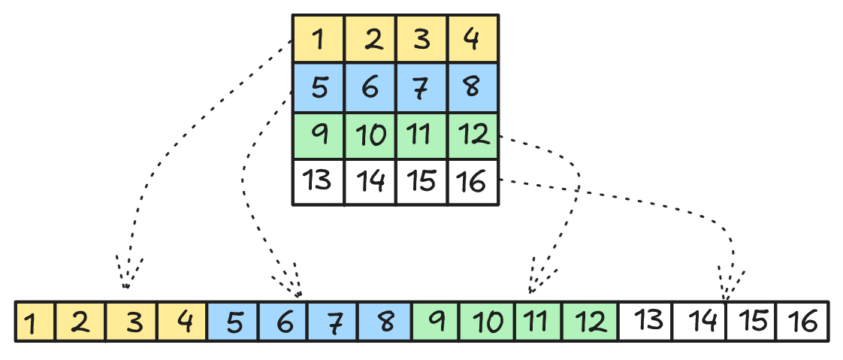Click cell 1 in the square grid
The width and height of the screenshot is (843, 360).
coord(319,39)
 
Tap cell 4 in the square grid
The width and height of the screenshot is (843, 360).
coord(473,39)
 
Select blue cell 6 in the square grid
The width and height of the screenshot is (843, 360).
coord(370,88)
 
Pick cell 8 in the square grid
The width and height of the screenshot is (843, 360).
coord(473,88)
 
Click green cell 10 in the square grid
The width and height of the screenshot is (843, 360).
coord(370,136)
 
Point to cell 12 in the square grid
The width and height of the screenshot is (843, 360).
coord(473,136)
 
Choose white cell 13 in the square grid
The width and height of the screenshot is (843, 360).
coord(319,182)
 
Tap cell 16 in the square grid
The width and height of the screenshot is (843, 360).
coord(473,182)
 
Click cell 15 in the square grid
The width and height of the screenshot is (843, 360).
coord(421,182)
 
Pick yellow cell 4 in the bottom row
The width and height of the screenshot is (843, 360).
coord(183,322)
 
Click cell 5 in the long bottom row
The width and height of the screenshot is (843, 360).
coord(233,322)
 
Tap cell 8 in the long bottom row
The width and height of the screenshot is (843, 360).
coord(385,322)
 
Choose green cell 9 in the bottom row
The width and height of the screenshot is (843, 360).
coord(436,322)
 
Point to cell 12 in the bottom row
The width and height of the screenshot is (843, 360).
coord(591,322)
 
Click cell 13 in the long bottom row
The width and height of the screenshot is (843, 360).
coord(645,322)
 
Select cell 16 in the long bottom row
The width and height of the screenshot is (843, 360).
coord(802,322)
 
